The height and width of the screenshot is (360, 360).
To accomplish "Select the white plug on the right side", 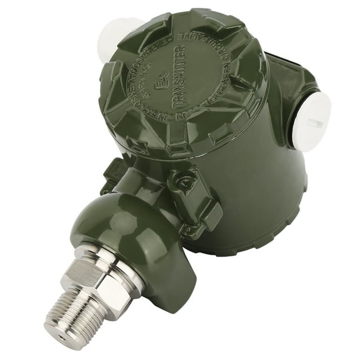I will [312, 121].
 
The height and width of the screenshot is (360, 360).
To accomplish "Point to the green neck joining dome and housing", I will [141, 182].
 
